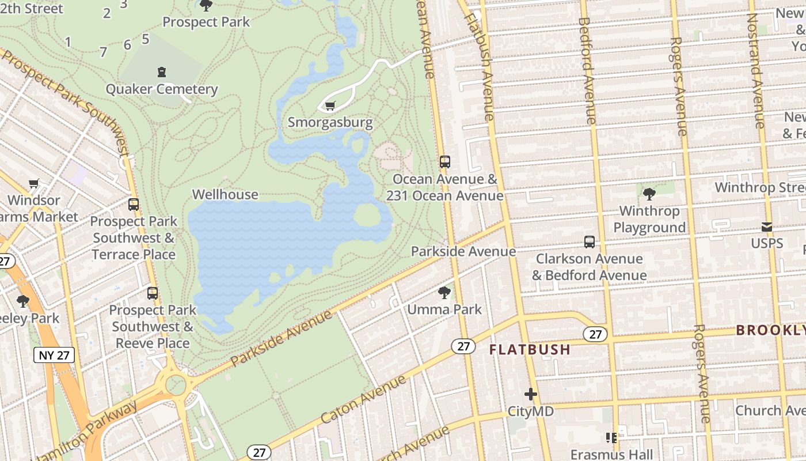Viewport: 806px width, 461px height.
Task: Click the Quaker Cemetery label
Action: point(161,89)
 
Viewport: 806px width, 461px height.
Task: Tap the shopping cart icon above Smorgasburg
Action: point(330,105)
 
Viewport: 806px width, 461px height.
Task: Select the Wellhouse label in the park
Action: point(225,194)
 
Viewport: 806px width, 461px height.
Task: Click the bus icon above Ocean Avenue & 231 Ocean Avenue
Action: point(444,162)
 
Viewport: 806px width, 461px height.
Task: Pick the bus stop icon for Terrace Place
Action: point(134,205)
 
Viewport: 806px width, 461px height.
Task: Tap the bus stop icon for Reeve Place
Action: point(153,293)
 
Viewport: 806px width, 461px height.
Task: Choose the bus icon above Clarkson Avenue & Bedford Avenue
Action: point(589,242)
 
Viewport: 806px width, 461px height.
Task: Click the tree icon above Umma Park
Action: point(444,293)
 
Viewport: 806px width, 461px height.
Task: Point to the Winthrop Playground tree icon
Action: point(649,194)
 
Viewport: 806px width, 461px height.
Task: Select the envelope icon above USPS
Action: point(767,227)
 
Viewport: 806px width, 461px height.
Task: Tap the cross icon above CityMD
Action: point(530,395)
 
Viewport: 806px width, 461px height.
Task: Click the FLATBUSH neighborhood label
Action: point(530,349)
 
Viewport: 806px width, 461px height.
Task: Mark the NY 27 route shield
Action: point(55,355)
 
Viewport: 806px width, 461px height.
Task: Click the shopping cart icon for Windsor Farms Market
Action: point(34,184)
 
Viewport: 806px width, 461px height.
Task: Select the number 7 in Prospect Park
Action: point(103,52)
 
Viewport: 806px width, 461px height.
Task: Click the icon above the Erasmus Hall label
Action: point(611,438)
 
